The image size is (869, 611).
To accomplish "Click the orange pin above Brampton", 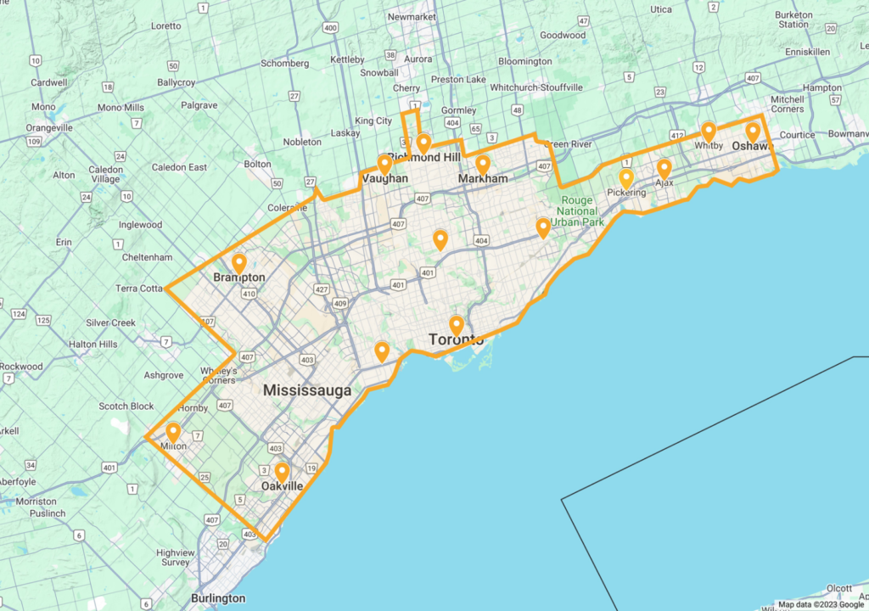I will pyautogui.click(x=239, y=264).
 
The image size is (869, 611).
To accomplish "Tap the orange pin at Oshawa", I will pyautogui.click(x=752, y=132).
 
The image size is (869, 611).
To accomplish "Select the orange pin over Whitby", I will pyautogui.click(x=709, y=132).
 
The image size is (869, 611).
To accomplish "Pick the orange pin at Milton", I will pyautogui.click(x=173, y=433).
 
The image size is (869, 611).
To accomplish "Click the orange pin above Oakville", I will pyautogui.click(x=282, y=471).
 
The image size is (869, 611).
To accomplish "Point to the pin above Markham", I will pyautogui.click(x=483, y=165).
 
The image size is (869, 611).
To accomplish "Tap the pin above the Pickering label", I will pyautogui.click(x=626, y=178).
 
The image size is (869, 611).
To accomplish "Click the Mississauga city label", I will pyautogui.click(x=306, y=391).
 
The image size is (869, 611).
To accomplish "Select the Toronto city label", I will pyautogui.click(x=457, y=340).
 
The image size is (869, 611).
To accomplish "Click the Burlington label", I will pyautogui.click(x=218, y=598).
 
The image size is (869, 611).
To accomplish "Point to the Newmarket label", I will pyautogui.click(x=411, y=17).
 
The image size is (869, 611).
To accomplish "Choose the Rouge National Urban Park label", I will pyautogui.click(x=580, y=211).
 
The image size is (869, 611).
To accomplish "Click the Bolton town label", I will pyautogui.click(x=258, y=164).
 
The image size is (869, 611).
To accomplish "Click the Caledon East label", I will pyautogui.click(x=180, y=167).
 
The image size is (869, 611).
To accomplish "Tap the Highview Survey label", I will pyautogui.click(x=175, y=557).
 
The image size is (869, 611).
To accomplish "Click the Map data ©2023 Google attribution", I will pyautogui.click(x=819, y=605).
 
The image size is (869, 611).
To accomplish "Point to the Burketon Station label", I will pyautogui.click(x=793, y=20).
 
